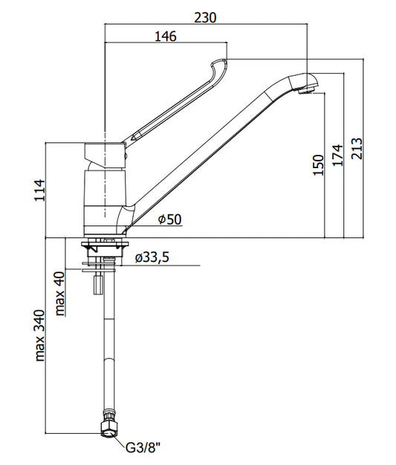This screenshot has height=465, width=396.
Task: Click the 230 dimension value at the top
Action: tap(205, 18)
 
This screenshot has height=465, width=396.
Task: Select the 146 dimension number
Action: tap(166, 36)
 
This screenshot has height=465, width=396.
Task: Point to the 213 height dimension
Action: tap(357, 149)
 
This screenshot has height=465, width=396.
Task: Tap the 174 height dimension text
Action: tap(337, 155)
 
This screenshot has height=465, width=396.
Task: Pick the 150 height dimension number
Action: tap(319, 165)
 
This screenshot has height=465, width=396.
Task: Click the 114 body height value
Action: tap(39, 190)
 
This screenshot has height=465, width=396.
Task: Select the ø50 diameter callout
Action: tap(169, 219)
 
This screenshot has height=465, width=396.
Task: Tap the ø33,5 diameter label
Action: tap(152, 257)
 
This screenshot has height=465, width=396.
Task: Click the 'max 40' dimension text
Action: tap(60, 294)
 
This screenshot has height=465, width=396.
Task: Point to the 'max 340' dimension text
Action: tap(39, 336)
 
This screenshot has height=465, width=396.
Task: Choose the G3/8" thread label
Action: tap(143, 447)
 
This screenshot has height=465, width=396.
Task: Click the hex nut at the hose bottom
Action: tap(108, 428)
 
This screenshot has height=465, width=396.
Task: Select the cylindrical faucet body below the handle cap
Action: tap(106, 202)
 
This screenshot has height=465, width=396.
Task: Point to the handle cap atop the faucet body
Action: tap(106, 152)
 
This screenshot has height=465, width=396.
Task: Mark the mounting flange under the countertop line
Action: tap(105, 245)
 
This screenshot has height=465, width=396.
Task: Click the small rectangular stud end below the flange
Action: tap(98, 285)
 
